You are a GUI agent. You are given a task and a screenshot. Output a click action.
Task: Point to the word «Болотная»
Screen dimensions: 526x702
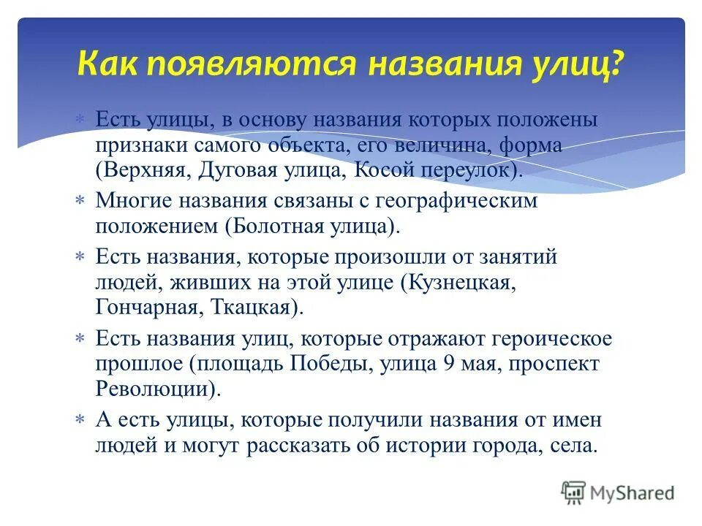[x=268, y=226]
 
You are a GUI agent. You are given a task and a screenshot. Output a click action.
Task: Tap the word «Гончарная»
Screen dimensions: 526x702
[x=144, y=308]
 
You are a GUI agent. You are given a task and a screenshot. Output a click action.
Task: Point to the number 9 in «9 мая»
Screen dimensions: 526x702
[x=448, y=362]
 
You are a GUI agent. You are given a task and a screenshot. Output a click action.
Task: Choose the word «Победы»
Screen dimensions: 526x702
[x=331, y=362]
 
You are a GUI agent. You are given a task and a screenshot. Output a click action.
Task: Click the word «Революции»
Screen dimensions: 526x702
[x=156, y=388]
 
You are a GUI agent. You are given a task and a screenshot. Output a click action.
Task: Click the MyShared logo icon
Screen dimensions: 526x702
[x=573, y=492]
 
